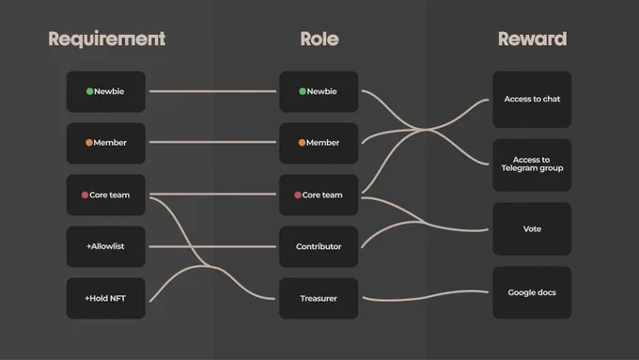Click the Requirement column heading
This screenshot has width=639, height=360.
(107, 39)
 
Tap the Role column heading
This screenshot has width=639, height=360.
(319, 39)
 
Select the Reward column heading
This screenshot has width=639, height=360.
(532, 39)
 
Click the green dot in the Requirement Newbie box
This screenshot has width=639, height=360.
(89, 91)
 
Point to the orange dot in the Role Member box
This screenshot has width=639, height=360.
(302, 143)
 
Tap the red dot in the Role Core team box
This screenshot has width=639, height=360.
(298, 195)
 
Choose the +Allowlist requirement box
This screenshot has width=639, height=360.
(106, 246)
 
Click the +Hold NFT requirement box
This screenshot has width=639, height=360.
(106, 299)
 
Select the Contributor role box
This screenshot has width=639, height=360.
(319, 246)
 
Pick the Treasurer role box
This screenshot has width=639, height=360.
(319, 299)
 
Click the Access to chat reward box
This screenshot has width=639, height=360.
(532, 100)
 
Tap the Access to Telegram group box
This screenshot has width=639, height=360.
(532, 164)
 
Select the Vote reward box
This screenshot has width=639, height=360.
(532, 228)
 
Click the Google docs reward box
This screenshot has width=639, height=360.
(532, 292)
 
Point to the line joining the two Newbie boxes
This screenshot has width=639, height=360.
(212, 91)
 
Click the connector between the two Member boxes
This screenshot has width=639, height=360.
(212, 142)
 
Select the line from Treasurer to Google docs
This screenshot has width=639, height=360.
(425, 297)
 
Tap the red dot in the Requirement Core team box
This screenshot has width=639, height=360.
(85, 195)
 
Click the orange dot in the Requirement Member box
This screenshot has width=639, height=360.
(89, 143)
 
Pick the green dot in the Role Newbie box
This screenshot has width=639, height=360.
(303, 91)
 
